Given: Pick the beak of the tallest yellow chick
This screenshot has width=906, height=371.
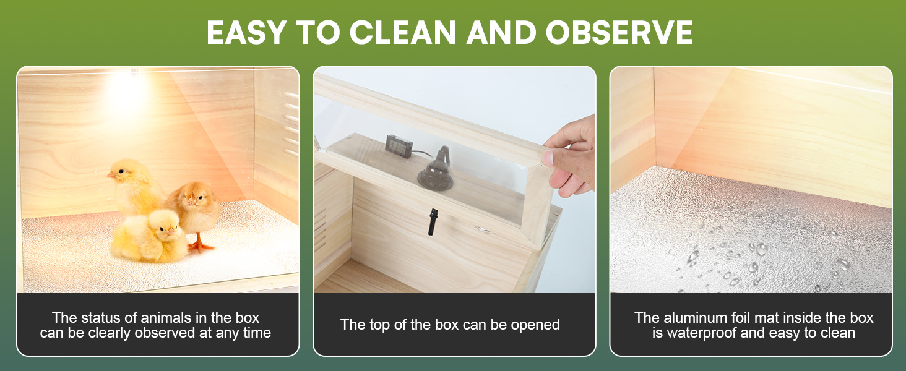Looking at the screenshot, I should click(x=111, y=175).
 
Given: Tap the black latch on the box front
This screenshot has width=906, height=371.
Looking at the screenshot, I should click(x=432, y=221).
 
